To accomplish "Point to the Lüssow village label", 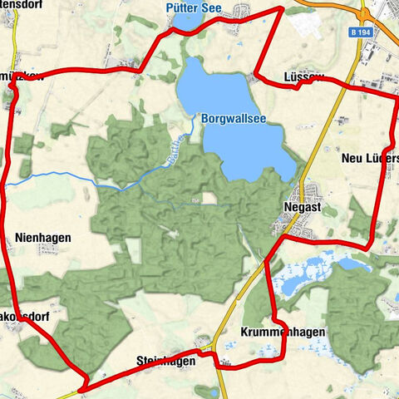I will pyautogui.click(x=305, y=77).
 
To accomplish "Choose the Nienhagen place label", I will pyautogui.click(x=43, y=237).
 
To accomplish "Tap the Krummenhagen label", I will pyautogui.click(x=282, y=332).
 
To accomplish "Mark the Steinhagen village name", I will pyautogui.click(x=166, y=361).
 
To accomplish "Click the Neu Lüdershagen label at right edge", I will pyautogui.click(x=371, y=158).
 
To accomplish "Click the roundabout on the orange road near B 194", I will pyautogui.click(x=366, y=14).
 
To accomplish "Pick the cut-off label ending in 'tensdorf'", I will pyautogui.click(x=19, y=12).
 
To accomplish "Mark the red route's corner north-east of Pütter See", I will pyautogui.click(x=282, y=8).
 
